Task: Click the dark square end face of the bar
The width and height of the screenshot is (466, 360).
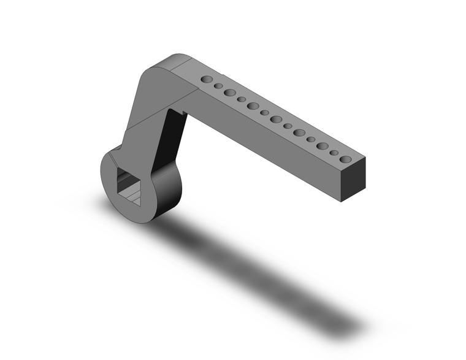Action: pyautogui.click(x=353, y=180)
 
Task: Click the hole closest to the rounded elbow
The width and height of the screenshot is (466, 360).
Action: pyautogui.click(x=207, y=79)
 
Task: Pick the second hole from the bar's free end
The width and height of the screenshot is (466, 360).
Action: pyautogui.click(x=334, y=153)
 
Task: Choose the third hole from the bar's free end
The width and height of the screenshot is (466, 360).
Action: pyautogui.click(x=323, y=146)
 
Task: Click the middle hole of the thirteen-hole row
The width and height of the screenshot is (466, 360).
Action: pyautogui.click(x=276, y=119)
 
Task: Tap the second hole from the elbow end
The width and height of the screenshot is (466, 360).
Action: pyautogui.click(x=218, y=86)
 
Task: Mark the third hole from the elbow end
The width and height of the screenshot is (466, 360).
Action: pyautogui.click(x=230, y=93)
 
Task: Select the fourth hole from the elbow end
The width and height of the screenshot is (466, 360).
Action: pyautogui.click(x=242, y=99)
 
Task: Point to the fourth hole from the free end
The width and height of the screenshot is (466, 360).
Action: pyautogui.click(x=311, y=139)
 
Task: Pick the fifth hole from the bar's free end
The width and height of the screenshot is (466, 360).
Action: pyautogui.click(x=299, y=132)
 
